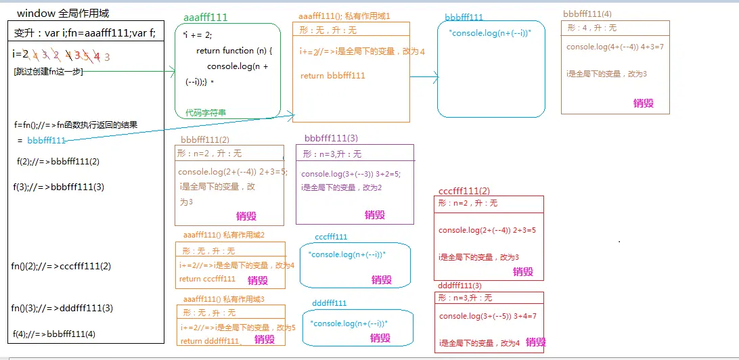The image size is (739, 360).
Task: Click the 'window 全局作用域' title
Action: pyautogui.click(x=63, y=14)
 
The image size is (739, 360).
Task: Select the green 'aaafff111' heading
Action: pyautogui.click(x=206, y=18)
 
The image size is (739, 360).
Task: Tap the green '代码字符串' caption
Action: pyautogui.click(x=206, y=113)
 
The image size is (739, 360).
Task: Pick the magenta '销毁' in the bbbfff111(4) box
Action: pyautogui.click(x=643, y=103)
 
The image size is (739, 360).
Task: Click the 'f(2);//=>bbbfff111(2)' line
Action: pyautogui.click(x=58, y=162)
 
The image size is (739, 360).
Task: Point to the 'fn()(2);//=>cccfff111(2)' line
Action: pyautogui.click(x=61, y=266)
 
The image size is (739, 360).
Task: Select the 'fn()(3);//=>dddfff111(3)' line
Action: pyautogui.click(x=62, y=308)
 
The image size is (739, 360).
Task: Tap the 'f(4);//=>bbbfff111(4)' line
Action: pyautogui.click(x=54, y=333)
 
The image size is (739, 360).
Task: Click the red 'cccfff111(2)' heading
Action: pyautogui.click(x=464, y=191)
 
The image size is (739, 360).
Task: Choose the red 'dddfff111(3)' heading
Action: pyautogui.click(x=460, y=286)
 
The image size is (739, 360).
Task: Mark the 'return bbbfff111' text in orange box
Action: pyautogui.click(x=333, y=76)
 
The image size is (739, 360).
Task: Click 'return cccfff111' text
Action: pyautogui.click(x=207, y=279)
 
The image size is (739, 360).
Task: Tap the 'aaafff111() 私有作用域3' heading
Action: pyautogui.click(x=223, y=298)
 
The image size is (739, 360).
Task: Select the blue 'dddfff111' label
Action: pyautogui.click(x=330, y=303)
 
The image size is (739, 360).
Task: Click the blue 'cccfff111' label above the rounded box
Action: pyautogui.click(x=331, y=237)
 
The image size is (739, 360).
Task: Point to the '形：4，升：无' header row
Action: pyautogui.click(x=591, y=28)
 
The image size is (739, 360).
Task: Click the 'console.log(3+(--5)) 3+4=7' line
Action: pyautogui.click(x=487, y=316)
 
